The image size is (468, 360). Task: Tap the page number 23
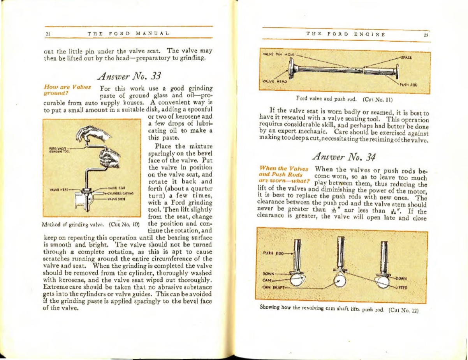(425, 34)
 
